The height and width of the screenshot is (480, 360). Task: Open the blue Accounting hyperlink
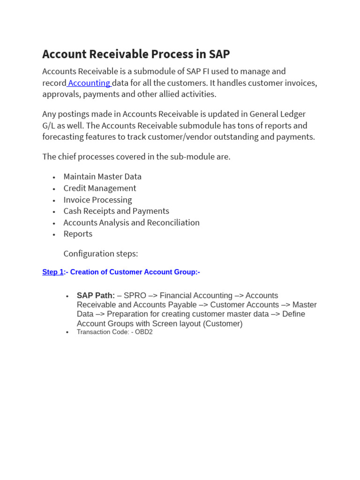(89, 83)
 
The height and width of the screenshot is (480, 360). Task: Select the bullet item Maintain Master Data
(102, 177)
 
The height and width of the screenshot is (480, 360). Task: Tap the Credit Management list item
(100, 188)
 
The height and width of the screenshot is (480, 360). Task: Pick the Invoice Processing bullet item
(97, 200)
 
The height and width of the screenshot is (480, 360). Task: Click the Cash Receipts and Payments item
(116, 211)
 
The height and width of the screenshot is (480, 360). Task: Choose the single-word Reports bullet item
(78, 234)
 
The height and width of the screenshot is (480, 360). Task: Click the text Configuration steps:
(101, 254)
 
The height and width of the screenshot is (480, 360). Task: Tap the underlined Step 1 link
(53, 272)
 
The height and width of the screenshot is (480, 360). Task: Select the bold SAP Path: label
(96, 296)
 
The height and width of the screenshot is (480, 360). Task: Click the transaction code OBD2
(144, 332)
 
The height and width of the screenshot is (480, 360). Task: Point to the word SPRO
(135, 296)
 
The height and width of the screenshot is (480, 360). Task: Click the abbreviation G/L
(49, 126)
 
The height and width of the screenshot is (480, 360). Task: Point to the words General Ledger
(277, 114)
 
